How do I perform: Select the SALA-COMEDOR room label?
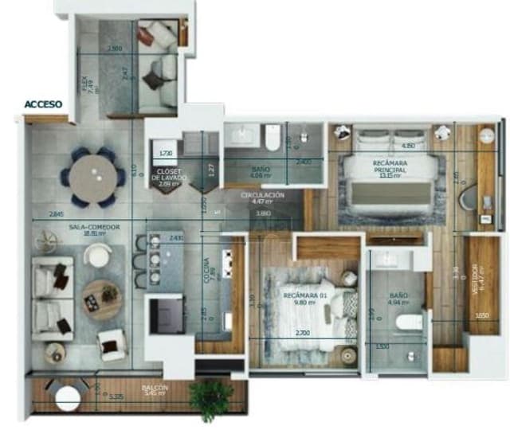point(93,229)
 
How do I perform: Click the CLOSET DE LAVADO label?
point(168,176)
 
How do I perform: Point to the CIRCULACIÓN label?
point(262,197)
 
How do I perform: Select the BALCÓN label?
point(155,389)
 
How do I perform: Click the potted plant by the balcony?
point(212,397)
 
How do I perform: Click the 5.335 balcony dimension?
point(115,396)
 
